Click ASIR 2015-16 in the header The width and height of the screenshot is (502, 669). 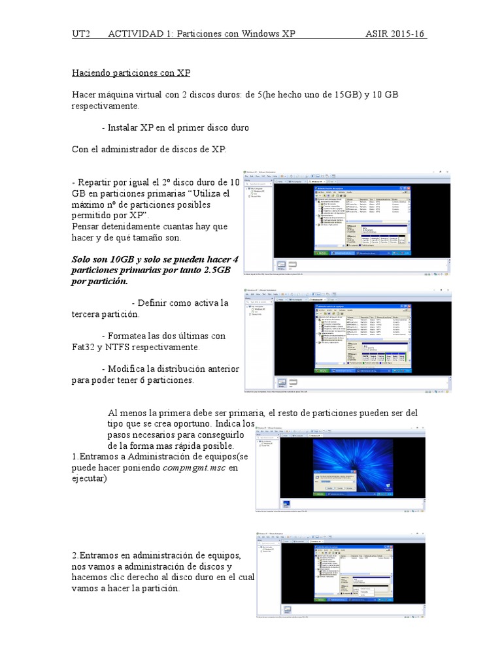point(396,34)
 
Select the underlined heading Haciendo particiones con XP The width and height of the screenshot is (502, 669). point(131,73)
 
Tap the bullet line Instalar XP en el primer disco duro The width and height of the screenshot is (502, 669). point(175,127)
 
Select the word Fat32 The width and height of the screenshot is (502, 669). point(84,347)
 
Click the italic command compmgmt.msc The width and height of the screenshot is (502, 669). point(195,468)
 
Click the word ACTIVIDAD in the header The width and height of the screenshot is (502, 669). point(135,34)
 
